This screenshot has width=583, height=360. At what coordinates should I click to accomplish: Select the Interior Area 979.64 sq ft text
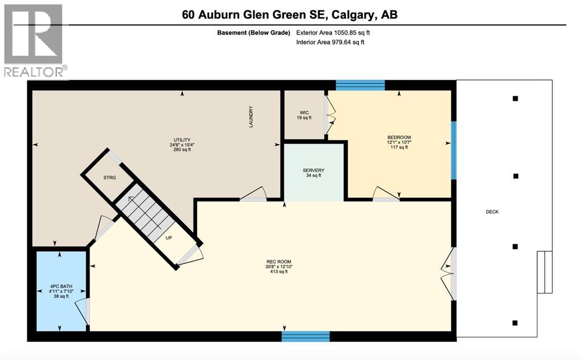pyautogui.click(x=331, y=42)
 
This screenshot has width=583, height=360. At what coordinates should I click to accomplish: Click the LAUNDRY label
pyautogui.click(x=251, y=117)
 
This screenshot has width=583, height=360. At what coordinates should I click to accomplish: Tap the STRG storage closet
pyautogui.click(x=109, y=178)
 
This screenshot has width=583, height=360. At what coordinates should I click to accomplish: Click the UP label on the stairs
pyautogui.click(x=169, y=238)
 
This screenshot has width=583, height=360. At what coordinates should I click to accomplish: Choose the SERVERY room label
pyautogui.click(x=313, y=170)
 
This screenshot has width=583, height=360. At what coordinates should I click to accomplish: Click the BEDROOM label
pyautogui.click(x=399, y=138)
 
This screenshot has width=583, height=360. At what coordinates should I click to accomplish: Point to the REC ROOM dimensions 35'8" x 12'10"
pyautogui.click(x=278, y=267)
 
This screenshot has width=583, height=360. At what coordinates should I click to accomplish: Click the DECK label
pyautogui.click(x=492, y=212)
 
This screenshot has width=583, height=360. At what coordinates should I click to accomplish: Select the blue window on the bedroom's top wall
pyautogui.click(x=360, y=85)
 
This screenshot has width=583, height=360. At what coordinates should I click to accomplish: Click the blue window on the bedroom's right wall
pyautogui.click(x=454, y=150)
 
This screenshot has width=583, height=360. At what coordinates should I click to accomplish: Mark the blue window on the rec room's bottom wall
pyautogui.click(x=306, y=336)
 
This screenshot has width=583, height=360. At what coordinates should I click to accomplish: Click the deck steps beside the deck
pyautogui.click(x=545, y=272)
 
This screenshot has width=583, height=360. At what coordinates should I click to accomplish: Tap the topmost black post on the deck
pyautogui.click(x=515, y=99)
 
